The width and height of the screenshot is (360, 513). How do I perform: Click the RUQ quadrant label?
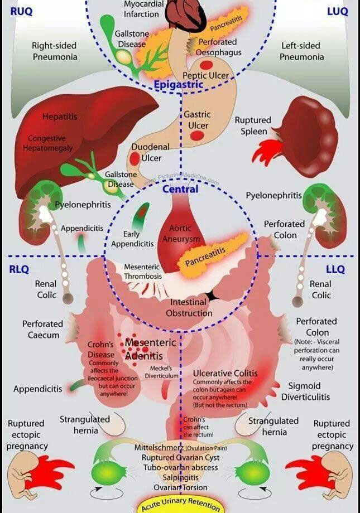(x=21, y=11)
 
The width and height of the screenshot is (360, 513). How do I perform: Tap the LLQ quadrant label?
(x=335, y=269)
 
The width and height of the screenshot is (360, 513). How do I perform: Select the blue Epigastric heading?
(x=179, y=84)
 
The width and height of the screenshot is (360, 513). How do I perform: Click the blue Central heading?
(x=180, y=189)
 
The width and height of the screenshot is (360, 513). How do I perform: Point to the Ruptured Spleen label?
(x=253, y=125)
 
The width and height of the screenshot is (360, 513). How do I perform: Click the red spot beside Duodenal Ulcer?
(x=135, y=159)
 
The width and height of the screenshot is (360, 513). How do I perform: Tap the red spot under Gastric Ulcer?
(x=197, y=135)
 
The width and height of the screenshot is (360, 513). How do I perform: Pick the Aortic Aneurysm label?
(x=180, y=233)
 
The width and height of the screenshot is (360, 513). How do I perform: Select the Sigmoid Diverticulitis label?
(x=305, y=391)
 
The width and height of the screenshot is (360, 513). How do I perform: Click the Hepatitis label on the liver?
(x=60, y=117)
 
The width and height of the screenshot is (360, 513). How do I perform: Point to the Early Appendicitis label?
(x=132, y=239)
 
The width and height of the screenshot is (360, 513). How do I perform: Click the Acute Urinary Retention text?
(x=180, y=504)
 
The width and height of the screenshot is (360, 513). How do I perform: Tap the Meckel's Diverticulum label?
(x=161, y=372)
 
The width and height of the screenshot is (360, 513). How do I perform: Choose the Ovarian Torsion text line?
(x=180, y=487)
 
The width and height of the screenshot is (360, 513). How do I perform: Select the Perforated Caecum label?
(x=43, y=329)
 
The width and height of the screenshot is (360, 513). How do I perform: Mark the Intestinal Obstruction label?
(x=189, y=308)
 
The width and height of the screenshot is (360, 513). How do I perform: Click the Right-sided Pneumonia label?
(x=55, y=51)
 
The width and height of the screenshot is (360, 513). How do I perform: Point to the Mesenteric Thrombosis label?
(x=143, y=272)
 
